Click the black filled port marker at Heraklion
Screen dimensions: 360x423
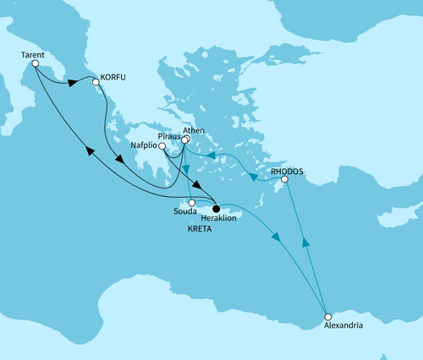(216, 208)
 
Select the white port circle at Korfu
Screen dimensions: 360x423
(96, 83)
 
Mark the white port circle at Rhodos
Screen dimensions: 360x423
(284, 179)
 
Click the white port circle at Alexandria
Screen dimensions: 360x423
(327, 317)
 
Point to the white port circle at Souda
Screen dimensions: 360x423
(193, 203)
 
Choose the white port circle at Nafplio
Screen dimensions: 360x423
(162, 146)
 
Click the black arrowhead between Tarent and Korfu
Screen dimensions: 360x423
(73, 83)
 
